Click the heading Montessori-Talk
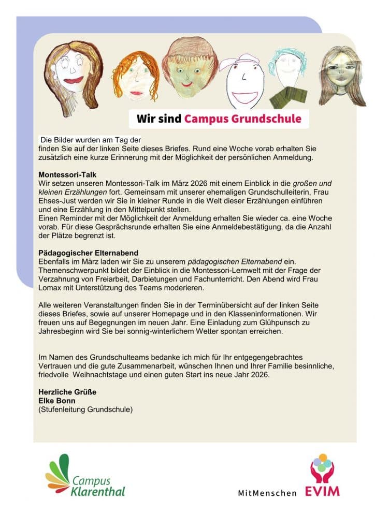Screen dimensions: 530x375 67,175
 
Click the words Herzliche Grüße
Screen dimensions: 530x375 67,392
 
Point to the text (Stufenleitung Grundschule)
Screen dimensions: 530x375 86,409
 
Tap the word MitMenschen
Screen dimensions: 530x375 267,493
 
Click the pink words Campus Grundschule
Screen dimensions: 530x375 242,119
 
